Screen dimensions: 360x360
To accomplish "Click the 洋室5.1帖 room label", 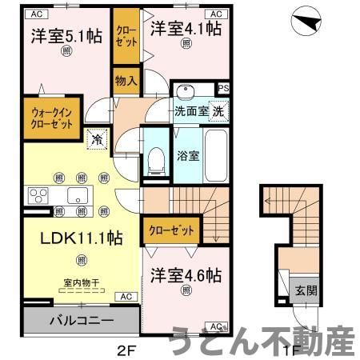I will coord(66,36).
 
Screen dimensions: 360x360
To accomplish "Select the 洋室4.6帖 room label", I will coord(186,275).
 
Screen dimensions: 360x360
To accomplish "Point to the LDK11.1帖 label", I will coord(71,238).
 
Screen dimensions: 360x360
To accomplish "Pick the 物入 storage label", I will coord(126,81).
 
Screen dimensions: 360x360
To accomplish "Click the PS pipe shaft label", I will coord(224,89).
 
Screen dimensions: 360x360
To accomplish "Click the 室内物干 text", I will coord(81,282).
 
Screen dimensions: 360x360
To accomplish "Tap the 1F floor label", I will coord(294,349).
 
